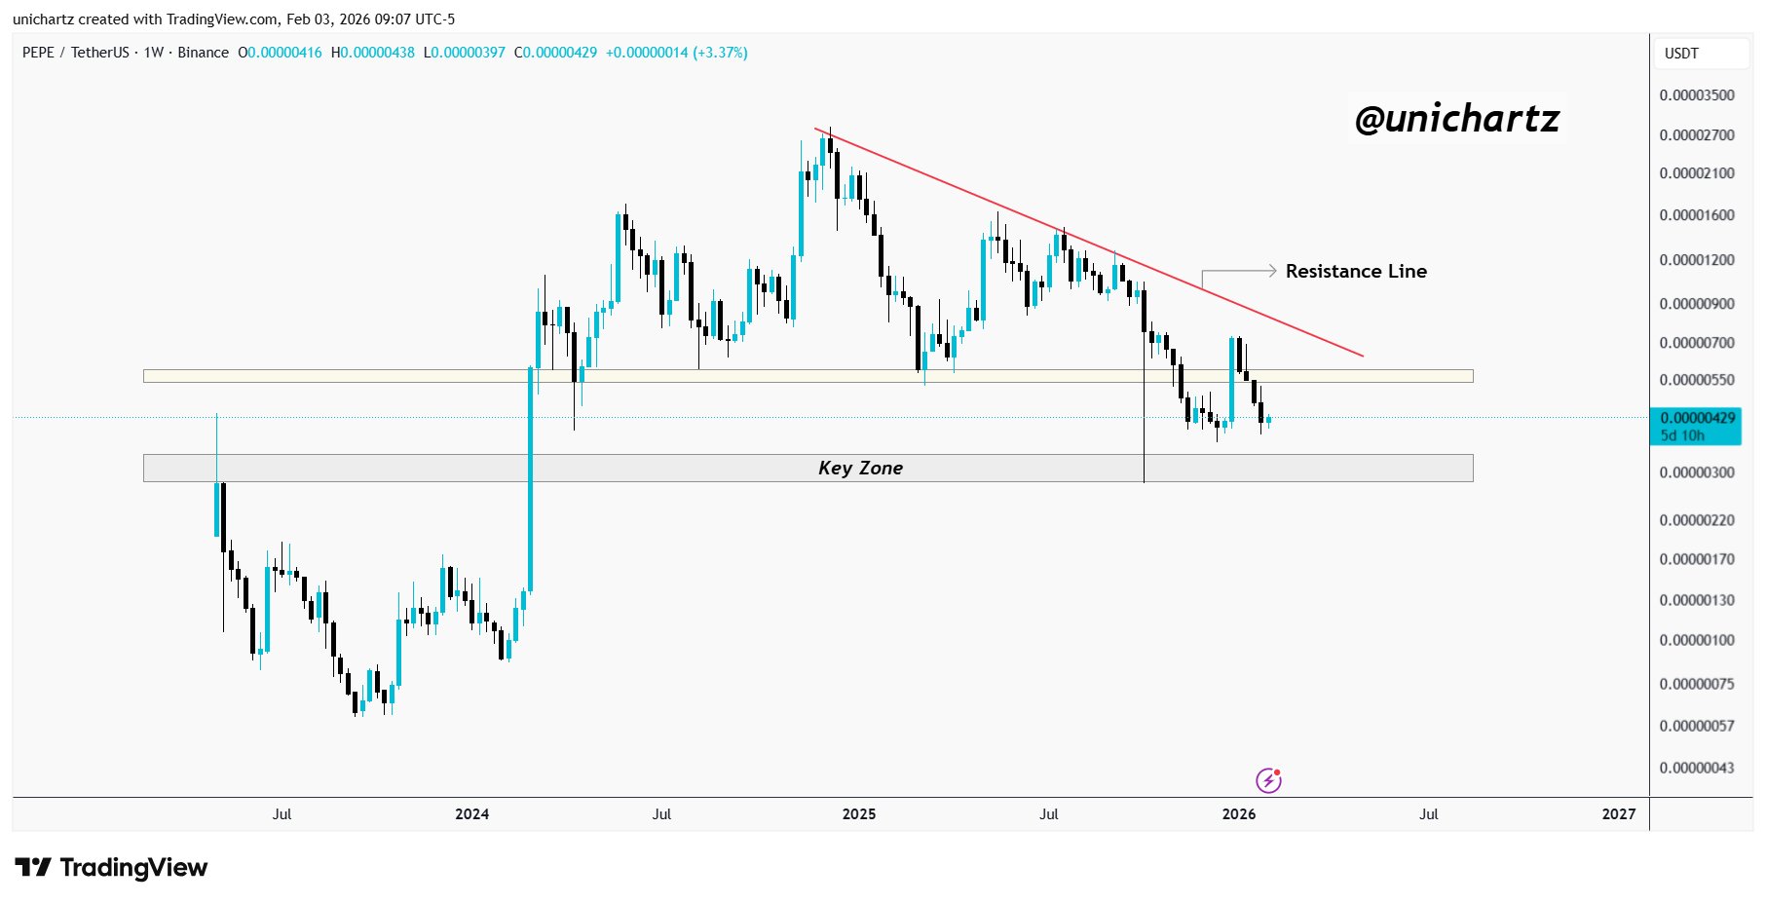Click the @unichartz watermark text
(1456, 119)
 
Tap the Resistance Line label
(1356, 271)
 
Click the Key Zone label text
(860, 468)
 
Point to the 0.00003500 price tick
(1697, 95)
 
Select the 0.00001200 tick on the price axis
(1697, 260)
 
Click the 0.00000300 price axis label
(1697, 472)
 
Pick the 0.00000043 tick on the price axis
(1697, 768)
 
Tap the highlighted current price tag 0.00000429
(1697, 418)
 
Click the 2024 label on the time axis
(471, 814)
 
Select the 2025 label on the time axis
(859, 814)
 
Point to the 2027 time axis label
(1618, 814)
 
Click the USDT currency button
(1681, 54)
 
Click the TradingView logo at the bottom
(111, 867)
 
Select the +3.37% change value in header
(720, 53)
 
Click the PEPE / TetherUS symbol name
(77, 53)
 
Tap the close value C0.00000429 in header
(555, 53)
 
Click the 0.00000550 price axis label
(1697, 380)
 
